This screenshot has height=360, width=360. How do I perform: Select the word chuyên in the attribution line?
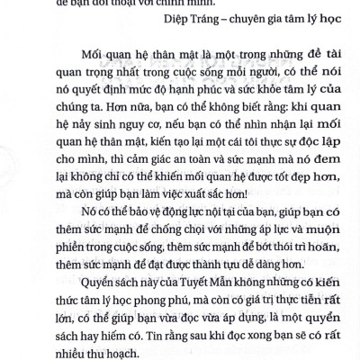[x=243, y=25]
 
